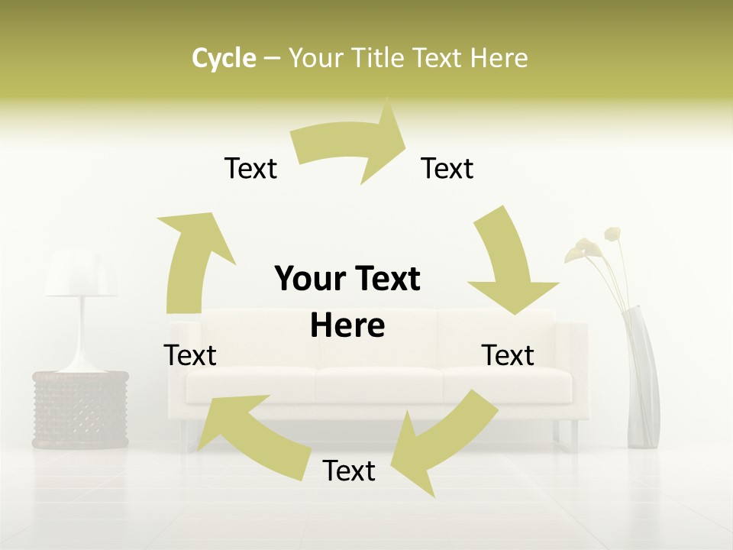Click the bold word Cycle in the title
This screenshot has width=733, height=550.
(224, 58)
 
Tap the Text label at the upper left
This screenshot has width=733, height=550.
(250, 168)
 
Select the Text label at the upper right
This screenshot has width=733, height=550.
(447, 168)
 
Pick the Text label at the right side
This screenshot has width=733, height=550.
(508, 355)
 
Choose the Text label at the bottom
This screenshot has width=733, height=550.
(349, 471)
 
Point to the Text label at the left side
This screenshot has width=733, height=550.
(190, 355)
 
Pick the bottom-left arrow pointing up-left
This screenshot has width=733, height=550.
(244, 432)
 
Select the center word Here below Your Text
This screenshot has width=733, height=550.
(347, 325)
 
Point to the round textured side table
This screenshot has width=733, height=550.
(80, 409)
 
